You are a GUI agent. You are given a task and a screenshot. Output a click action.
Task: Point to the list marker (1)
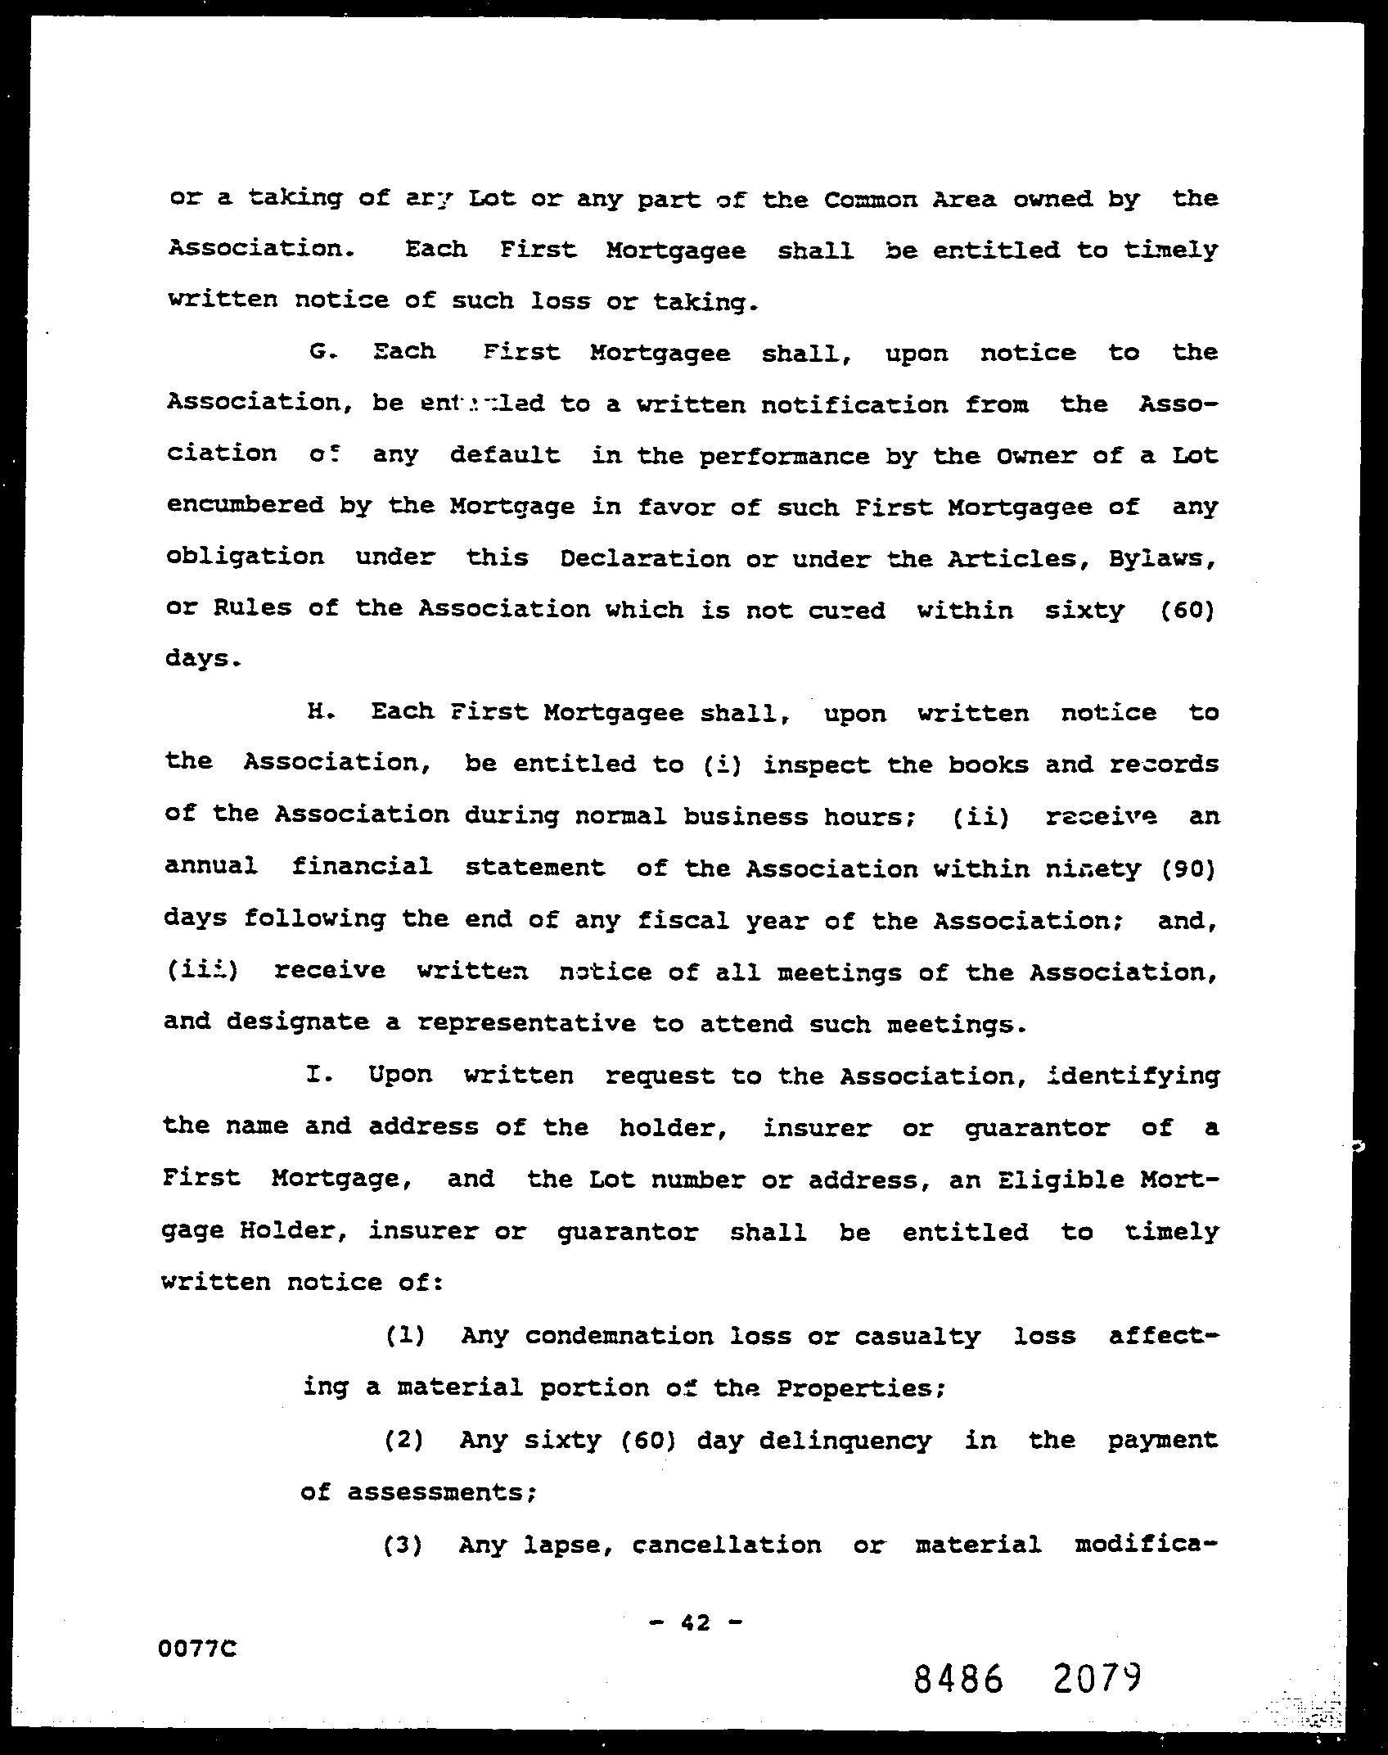tap(404, 1336)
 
